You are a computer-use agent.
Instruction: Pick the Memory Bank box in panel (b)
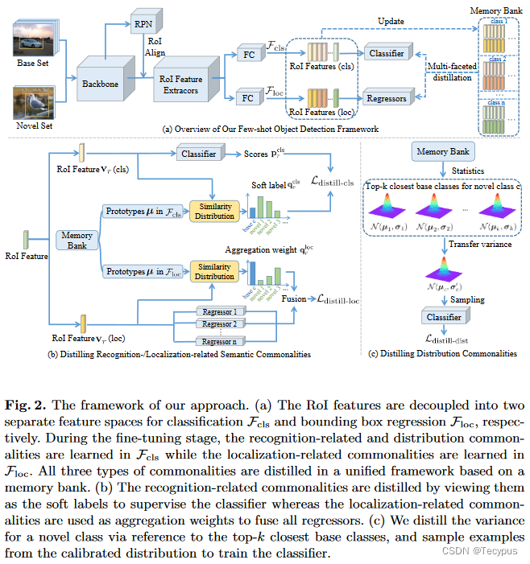tap(78, 241)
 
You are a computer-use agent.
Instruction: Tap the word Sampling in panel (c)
tap(467, 299)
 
